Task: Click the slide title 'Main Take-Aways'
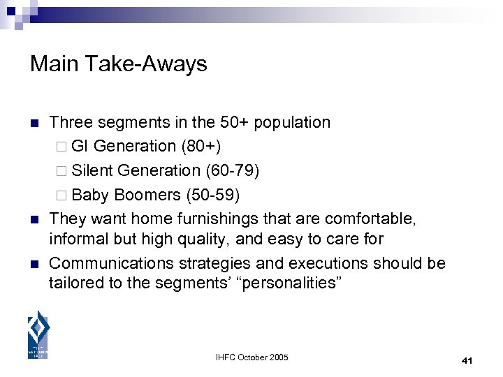(x=119, y=64)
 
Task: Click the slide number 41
(x=467, y=360)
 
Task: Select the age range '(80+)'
(x=203, y=146)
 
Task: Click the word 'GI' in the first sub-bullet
(x=80, y=146)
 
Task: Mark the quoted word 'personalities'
(x=293, y=283)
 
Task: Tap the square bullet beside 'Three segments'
(x=33, y=124)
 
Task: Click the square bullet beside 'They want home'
(x=33, y=219)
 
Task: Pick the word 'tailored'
(x=73, y=283)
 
